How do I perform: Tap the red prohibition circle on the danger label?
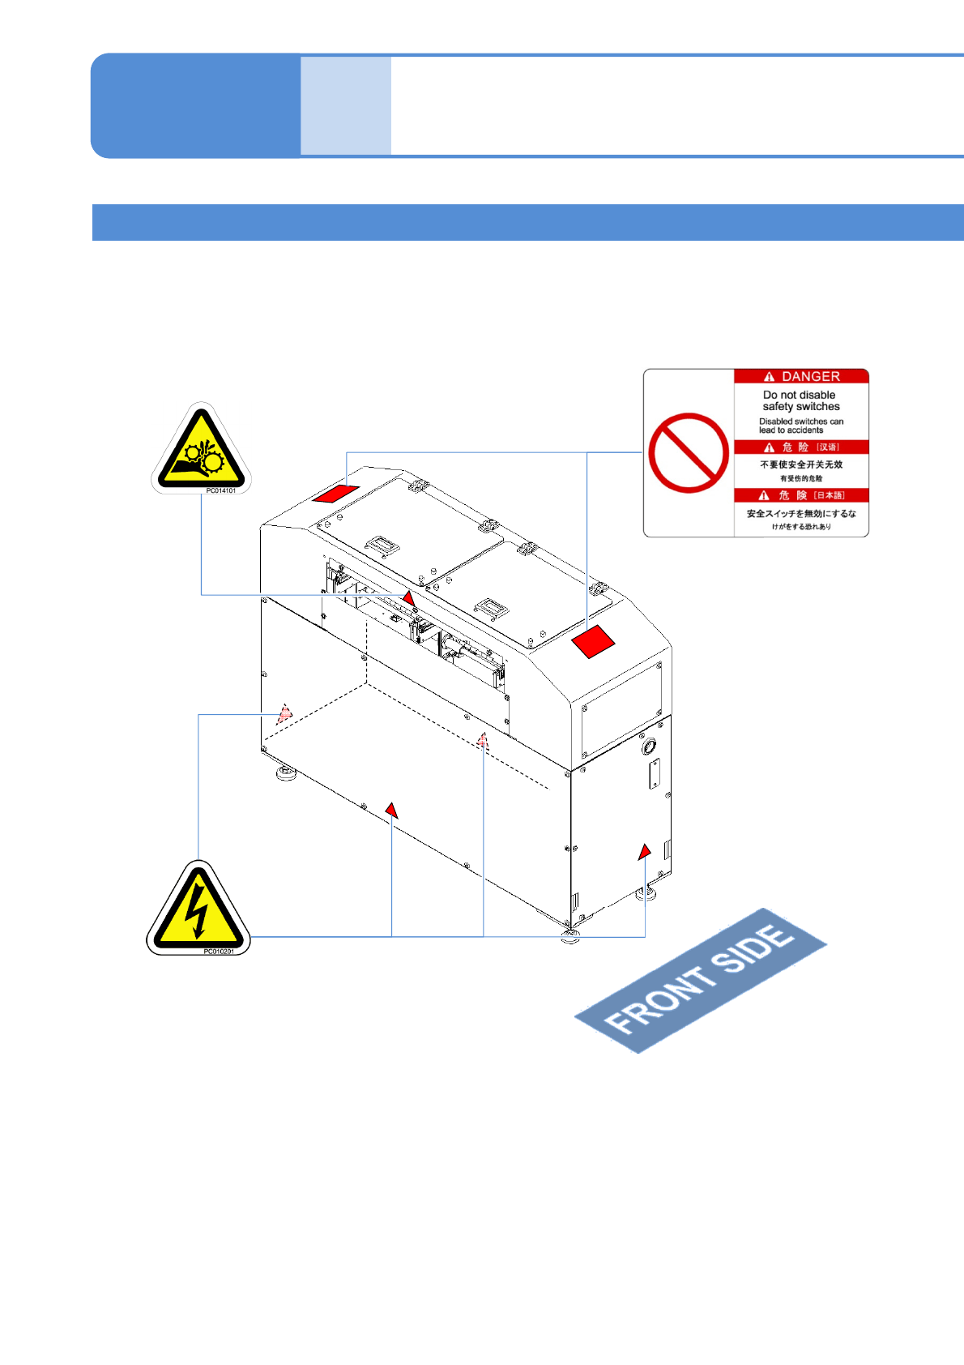pos(689,453)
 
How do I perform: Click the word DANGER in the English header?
pos(810,377)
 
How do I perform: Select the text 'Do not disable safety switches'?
pos(800,400)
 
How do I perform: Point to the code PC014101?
pos(220,490)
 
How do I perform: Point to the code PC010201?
pos(218,951)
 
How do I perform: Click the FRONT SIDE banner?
pos(700,980)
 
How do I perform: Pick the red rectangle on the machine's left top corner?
pos(336,493)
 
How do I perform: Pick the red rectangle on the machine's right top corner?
pos(594,642)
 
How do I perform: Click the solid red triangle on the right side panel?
pos(644,852)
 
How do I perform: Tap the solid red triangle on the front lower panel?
pos(391,811)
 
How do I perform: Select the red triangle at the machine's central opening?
pos(408,598)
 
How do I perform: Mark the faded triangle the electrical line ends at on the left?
pos(284,714)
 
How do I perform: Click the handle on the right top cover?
pos(491,607)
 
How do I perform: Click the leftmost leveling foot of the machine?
pos(285,773)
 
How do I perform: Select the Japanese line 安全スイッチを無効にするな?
pos(800,514)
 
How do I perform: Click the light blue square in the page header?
pos(346,105)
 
